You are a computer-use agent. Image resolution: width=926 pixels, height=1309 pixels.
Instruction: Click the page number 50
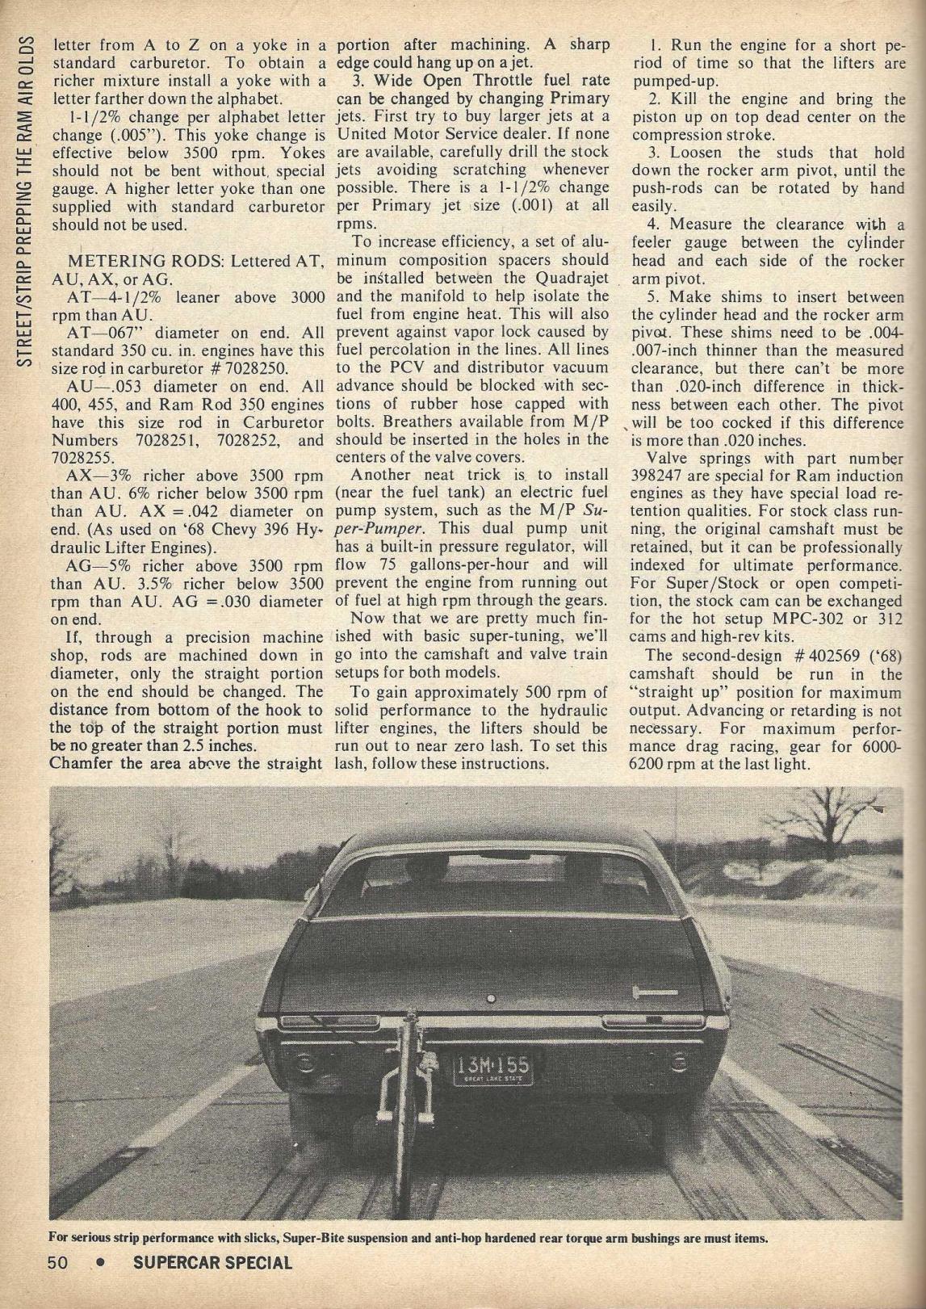point(59,1261)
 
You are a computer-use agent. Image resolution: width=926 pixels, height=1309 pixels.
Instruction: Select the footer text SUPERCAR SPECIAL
point(212,1261)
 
